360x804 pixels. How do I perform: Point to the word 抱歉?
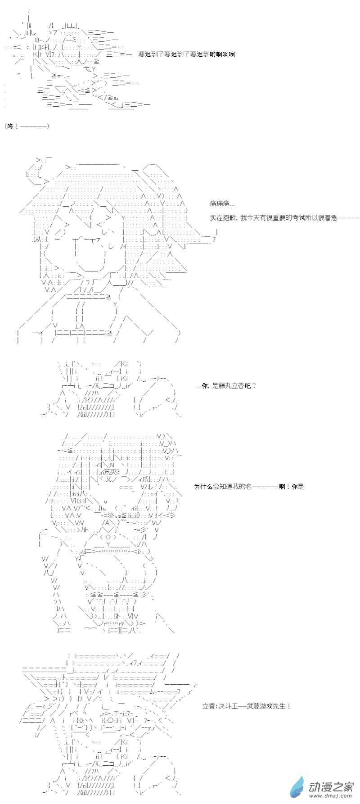point(229,218)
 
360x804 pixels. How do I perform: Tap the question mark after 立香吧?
point(254,386)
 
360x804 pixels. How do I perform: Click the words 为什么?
point(203,487)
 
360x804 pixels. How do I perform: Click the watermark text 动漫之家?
point(331,786)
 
